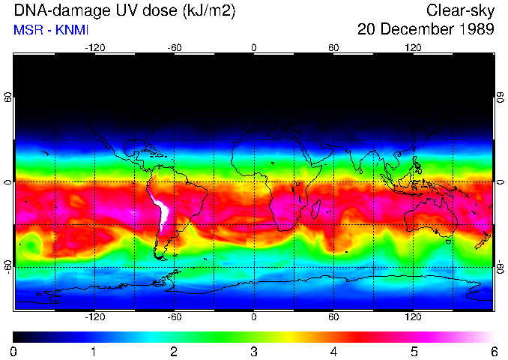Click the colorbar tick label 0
(14, 351)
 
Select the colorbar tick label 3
(254, 351)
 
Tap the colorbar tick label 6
(493, 351)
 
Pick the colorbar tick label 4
(333, 351)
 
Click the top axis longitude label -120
(94, 47)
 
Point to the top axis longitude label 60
(333, 47)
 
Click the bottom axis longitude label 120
(413, 317)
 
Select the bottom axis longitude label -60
(174, 317)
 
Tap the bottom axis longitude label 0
(254, 317)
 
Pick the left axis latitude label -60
(8, 266)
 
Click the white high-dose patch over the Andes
(161, 210)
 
